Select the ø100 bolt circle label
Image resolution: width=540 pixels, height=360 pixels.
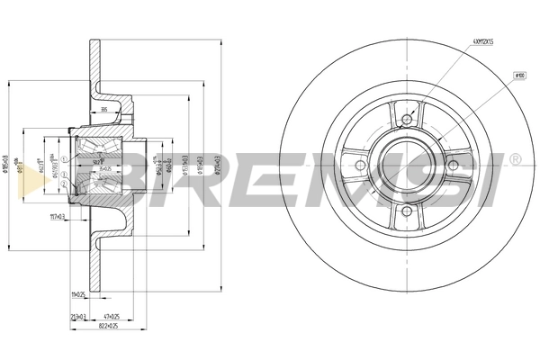[519, 75]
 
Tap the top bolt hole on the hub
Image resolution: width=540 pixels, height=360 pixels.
[407, 119]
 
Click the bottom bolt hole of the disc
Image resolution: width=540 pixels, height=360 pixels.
[407, 211]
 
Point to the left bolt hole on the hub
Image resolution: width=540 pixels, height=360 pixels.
[361, 165]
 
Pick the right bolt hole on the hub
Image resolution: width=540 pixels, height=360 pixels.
[453, 165]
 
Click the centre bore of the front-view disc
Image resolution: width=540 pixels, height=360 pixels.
[407, 165]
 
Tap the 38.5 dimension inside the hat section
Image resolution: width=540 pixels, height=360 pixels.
[105, 111]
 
